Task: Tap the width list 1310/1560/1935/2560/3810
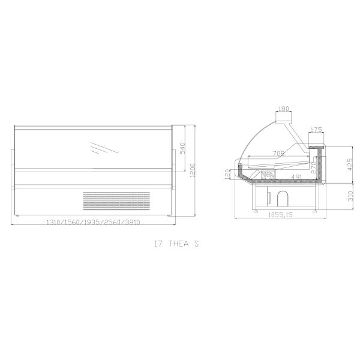[x=94, y=223]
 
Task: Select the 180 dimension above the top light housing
[x=284, y=110]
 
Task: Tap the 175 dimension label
[x=317, y=130]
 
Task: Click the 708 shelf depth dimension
[x=278, y=154]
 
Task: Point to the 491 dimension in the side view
[x=295, y=176]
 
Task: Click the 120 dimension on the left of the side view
[x=227, y=173]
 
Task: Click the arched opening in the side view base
[x=281, y=199]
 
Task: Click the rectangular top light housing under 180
[x=284, y=121]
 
